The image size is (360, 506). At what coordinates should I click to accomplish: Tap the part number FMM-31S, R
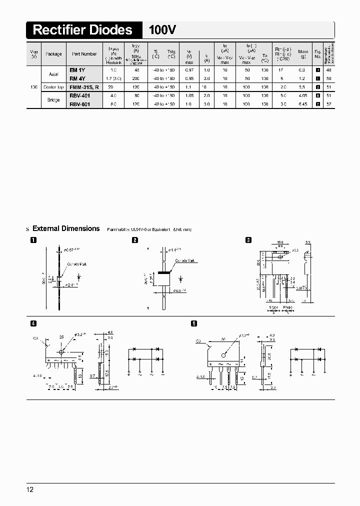click(x=84, y=87)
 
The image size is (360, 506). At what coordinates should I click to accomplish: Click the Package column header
click(x=53, y=53)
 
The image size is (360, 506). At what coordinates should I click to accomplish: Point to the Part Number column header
click(x=84, y=53)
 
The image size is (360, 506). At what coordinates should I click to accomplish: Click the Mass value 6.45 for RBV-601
click(x=303, y=104)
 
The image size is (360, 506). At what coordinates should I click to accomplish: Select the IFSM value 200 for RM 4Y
click(x=135, y=78)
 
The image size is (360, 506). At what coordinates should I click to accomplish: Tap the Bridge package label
click(x=53, y=100)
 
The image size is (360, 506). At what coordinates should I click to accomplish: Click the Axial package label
click(x=53, y=74)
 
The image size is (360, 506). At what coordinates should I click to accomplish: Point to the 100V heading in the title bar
click(x=162, y=30)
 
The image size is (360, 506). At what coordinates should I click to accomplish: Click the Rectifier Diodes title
click(x=82, y=30)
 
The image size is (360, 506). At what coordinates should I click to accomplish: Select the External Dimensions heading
click(x=66, y=228)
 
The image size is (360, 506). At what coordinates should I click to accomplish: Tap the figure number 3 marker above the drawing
click(x=248, y=240)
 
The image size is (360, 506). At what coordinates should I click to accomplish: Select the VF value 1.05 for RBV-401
click(x=189, y=95)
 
